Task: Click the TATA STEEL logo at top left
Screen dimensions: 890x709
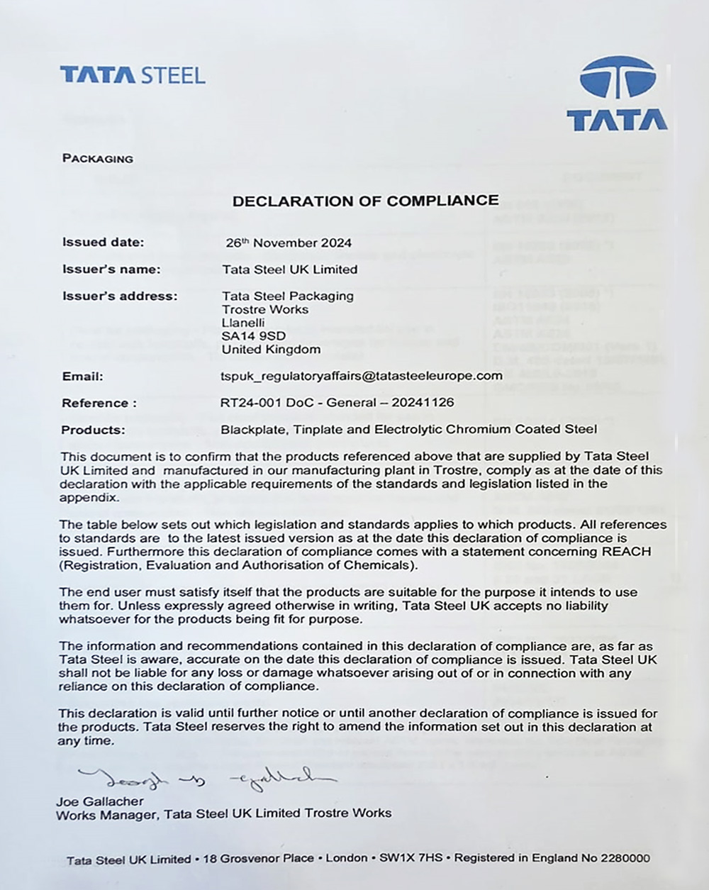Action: (x=133, y=75)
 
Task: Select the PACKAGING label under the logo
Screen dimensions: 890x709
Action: (x=98, y=158)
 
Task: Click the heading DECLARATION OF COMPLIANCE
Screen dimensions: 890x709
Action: (x=365, y=201)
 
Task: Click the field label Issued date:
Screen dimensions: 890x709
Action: (x=103, y=242)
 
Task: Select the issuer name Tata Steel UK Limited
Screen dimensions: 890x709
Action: (x=289, y=269)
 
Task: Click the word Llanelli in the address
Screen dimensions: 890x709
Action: (x=243, y=323)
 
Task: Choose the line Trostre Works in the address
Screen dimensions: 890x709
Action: (x=265, y=309)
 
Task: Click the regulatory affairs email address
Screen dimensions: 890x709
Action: (x=362, y=376)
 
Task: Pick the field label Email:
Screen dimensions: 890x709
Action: (x=82, y=377)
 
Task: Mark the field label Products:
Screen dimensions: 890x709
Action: (x=93, y=430)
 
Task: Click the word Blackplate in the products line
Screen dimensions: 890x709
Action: (x=250, y=429)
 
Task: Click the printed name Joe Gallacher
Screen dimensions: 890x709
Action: (x=99, y=801)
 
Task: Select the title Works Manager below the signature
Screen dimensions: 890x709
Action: (x=106, y=814)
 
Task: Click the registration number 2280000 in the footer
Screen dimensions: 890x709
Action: (x=625, y=858)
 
